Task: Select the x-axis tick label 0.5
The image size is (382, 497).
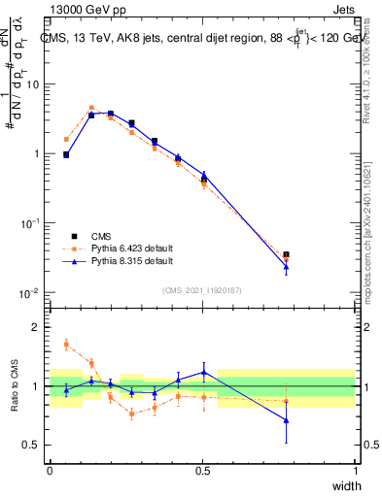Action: tap(202, 471)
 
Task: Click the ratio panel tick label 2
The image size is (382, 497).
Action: tap(36, 328)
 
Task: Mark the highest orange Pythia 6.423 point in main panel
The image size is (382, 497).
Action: tap(91, 108)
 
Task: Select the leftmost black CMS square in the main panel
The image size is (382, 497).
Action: tap(66, 154)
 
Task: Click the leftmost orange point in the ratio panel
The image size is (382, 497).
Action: tap(66, 344)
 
